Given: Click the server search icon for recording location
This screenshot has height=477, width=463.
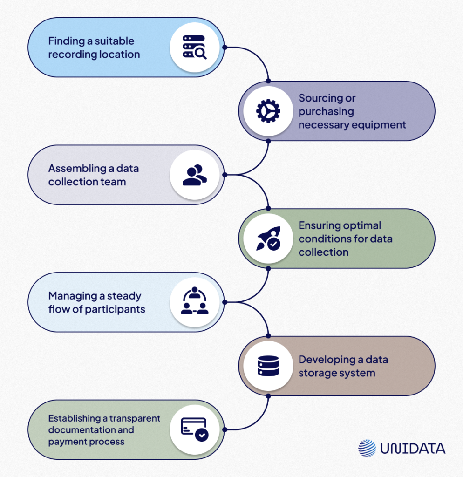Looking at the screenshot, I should (x=194, y=47).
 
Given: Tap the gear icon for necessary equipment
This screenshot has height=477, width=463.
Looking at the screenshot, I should (x=268, y=111).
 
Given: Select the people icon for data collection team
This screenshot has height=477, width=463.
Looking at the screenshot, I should (x=194, y=175).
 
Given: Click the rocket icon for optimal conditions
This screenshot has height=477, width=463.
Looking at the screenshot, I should (x=268, y=238).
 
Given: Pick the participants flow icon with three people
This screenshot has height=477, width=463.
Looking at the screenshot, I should (x=194, y=302).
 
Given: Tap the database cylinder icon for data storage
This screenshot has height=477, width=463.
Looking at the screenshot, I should (x=268, y=366).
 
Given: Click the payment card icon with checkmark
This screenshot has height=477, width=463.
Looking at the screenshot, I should (x=194, y=429).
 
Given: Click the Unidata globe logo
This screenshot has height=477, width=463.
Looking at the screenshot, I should (x=367, y=448).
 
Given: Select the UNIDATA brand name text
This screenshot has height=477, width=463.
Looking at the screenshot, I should (x=412, y=449).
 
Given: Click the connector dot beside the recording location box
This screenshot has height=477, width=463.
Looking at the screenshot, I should (x=224, y=47).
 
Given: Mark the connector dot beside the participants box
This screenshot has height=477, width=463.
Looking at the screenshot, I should (x=224, y=302).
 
